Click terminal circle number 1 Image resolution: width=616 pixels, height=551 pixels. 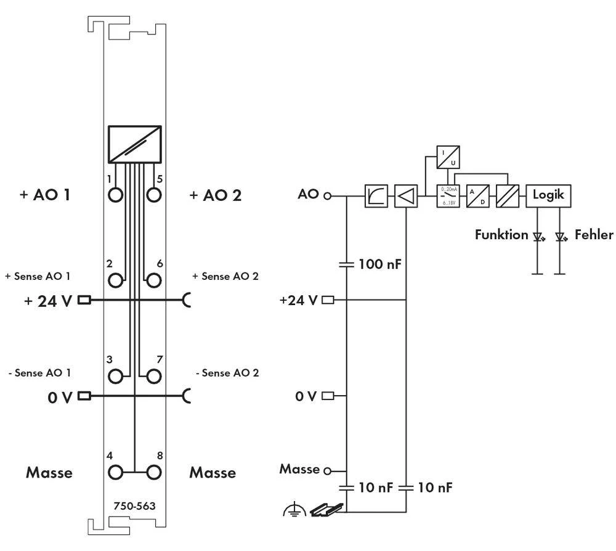pos(115,195)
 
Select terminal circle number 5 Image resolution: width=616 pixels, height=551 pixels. pos(154,195)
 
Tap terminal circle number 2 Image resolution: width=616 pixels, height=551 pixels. pos(115,280)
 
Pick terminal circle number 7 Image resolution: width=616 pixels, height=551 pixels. pos(154,375)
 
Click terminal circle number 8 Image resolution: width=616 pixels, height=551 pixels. pos(154,473)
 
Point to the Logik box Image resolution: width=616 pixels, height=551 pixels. pos(548,196)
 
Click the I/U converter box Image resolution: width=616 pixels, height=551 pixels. pos(448,157)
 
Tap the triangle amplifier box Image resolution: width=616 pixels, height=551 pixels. pos(406,197)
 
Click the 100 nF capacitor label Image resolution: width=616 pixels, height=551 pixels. pos(381,265)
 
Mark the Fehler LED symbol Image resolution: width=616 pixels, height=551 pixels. pos(560,236)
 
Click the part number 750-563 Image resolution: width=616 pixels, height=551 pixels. pos(134,506)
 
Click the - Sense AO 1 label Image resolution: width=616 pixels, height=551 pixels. pos(39,372)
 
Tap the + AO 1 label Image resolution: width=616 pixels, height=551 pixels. pos(44,195)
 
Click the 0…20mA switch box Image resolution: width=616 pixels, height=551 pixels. pos(448,197)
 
